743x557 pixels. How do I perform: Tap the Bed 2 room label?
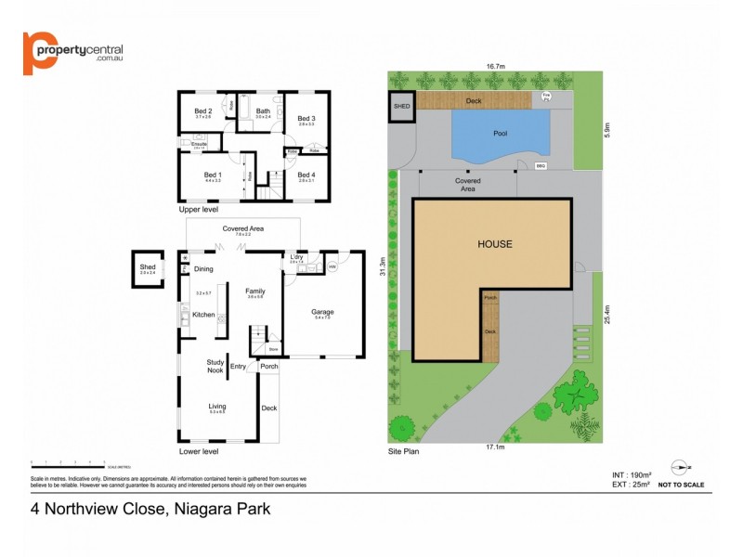[202, 111]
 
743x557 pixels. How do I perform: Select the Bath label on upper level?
[263, 111]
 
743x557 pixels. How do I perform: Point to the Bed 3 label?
[306, 118]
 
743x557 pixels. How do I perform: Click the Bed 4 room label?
[306, 175]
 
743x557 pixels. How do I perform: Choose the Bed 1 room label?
[213, 175]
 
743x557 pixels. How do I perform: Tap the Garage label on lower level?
[322, 312]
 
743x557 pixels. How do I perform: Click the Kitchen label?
[203, 315]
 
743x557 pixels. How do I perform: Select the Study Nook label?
[216, 367]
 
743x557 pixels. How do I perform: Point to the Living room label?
[216, 406]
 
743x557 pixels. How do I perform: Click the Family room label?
[255, 291]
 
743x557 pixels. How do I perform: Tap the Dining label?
[203, 269]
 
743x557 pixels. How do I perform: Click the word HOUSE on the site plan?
[494, 244]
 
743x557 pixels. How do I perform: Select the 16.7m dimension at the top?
[495, 67]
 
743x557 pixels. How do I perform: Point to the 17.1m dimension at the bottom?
[495, 447]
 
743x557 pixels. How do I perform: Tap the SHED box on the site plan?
[400, 106]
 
